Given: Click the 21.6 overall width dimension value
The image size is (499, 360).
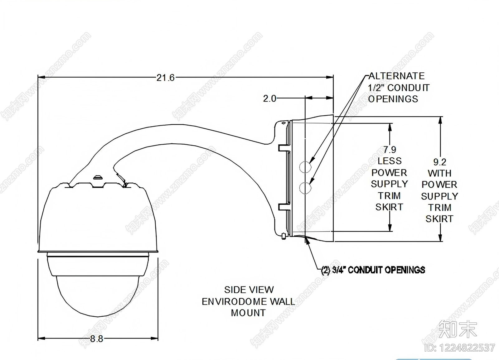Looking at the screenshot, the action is pyautogui.click(x=165, y=78).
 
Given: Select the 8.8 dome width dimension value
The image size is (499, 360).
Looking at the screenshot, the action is pyautogui.click(x=97, y=338).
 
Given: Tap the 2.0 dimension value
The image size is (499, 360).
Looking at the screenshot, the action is pyautogui.click(x=269, y=98).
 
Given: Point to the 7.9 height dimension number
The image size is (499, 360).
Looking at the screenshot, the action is pyautogui.click(x=390, y=150).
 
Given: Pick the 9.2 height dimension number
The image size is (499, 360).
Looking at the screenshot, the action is pyautogui.click(x=440, y=162).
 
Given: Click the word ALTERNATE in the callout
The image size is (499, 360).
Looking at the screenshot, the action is pyautogui.click(x=396, y=76).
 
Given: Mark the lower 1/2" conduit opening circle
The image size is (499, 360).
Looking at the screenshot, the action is pyautogui.click(x=305, y=188).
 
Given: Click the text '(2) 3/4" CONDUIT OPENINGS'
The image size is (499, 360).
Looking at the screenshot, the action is pyautogui.click(x=373, y=270).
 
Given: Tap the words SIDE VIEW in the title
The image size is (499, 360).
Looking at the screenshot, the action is pyautogui.click(x=249, y=290).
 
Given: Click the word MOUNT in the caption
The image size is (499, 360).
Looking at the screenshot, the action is pyautogui.click(x=248, y=313).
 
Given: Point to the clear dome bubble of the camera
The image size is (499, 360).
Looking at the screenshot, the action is pyautogui.click(x=97, y=296).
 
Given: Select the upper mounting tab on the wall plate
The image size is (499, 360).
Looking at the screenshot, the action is pyautogui.click(x=284, y=148).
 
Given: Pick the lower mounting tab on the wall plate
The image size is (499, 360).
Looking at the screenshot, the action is pyautogui.click(x=284, y=207).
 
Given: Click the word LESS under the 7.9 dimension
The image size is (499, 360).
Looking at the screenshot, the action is pyautogui.click(x=390, y=161).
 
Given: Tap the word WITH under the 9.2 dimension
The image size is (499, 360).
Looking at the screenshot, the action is pyautogui.click(x=439, y=173).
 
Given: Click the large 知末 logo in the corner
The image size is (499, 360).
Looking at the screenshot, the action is pyautogui.click(x=458, y=329).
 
